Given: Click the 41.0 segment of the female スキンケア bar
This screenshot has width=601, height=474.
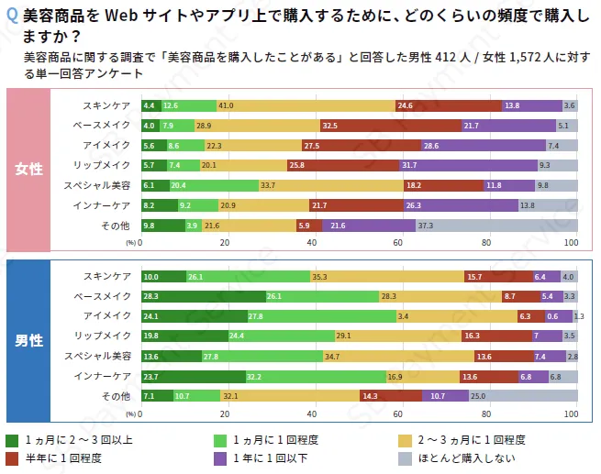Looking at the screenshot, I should (306, 105).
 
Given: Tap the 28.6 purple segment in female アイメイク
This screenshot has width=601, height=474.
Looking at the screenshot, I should (483, 146).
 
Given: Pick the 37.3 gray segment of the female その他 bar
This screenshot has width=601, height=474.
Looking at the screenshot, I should (495, 226).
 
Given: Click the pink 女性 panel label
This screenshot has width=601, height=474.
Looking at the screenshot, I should (28, 169).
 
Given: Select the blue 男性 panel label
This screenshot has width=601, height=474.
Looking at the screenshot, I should (28, 340).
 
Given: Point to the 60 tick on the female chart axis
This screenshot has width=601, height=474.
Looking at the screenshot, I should (398, 243).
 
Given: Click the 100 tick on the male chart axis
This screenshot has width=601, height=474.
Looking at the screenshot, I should (571, 414).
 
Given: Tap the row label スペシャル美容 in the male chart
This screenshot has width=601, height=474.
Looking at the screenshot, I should (102, 356).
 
